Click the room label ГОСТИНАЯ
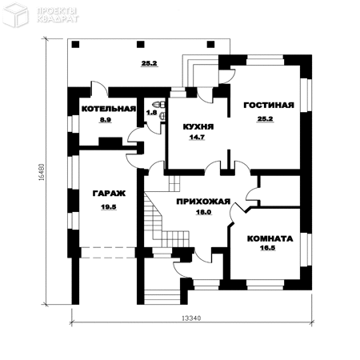point(269,106)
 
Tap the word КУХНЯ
point(198,126)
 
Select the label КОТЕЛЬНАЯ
point(109,109)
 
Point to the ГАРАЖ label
point(109,194)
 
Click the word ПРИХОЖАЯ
point(203,202)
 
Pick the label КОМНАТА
point(270,238)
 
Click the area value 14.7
point(197,138)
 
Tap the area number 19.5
point(109,207)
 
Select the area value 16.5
point(268,248)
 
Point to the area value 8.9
point(106,120)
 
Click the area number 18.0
point(204,213)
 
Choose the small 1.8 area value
point(151,113)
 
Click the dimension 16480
point(42,172)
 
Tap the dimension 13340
point(191,318)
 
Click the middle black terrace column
point(141,44)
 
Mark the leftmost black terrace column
point(75,44)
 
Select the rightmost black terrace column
point(210,44)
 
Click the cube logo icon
point(16,14)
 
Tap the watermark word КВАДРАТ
point(58,19)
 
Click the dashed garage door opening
point(108,253)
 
